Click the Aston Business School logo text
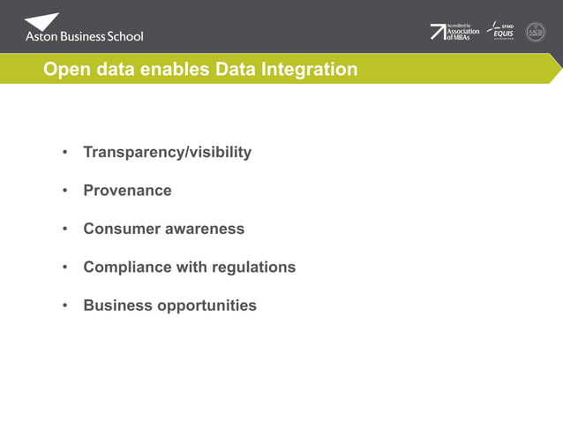tap(84, 36)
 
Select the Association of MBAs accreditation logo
tap(455, 32)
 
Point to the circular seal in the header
tap(536, 32)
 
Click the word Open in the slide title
tap(64, 70)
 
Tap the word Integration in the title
tap(309, 70)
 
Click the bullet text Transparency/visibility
tap(167, 152)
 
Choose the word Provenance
tap(127, 191)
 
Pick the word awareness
tap(204, 229)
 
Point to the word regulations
tap(254, 267)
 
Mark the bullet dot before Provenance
tap(64, 191)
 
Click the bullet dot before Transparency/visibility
tap(64, 153)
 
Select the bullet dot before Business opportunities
tap(64, 305)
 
